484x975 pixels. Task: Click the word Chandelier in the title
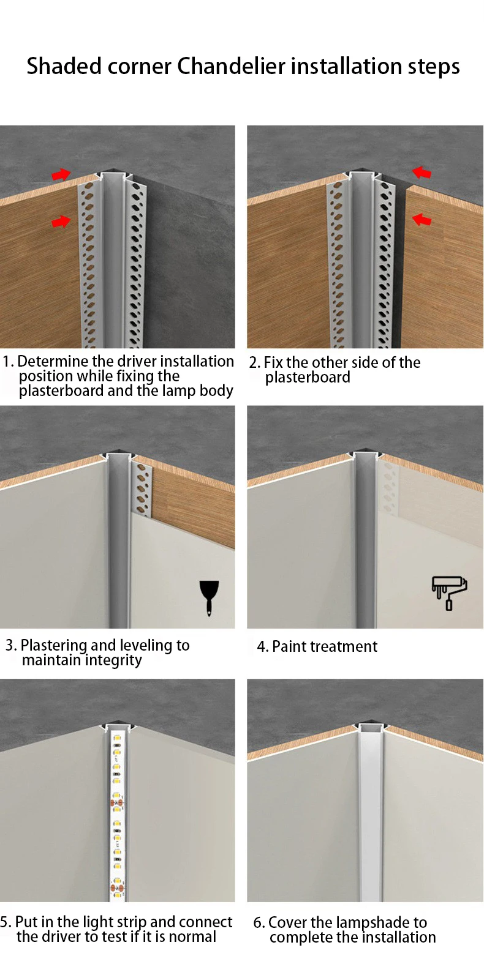pyautogui.click(x=232, y=66)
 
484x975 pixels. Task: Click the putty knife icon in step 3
pyautogui.click(x=209, y=598)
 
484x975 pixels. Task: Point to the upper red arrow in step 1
pyautogui.click(x=61, y=174)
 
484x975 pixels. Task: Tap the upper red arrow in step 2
pyautogui.click(x=422, y=173)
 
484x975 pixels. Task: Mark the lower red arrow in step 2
pyautogui.click(x=422, y=219)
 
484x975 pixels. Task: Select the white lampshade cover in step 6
pyautogui.click(x=370, y=814)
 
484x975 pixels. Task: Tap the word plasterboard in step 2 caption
pyautogui.click(x=308, y=378)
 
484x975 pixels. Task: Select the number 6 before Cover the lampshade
pyautogui.click(x=259, y=923)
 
